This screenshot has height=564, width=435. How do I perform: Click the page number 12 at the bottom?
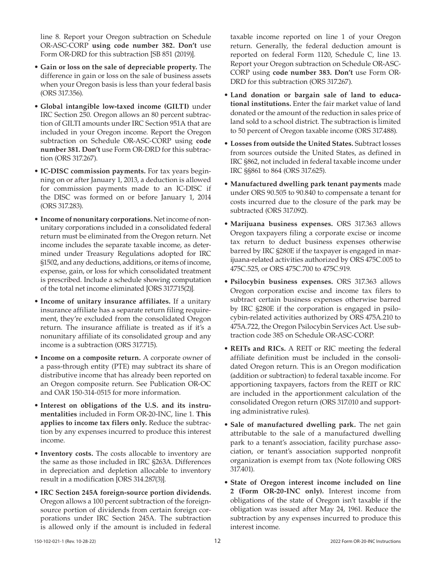click(x=217, y=541)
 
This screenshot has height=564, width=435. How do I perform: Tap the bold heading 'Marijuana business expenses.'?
click(x=281, y=224)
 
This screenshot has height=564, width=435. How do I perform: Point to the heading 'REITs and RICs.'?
click(x=258, y=348)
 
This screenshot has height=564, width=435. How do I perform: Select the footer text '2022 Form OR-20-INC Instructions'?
click(x=365, y=542)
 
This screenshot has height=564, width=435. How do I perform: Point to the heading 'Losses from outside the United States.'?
click(x=291, y=144)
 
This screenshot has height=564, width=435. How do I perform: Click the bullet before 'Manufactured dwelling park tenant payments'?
click(x=226, y=184)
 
